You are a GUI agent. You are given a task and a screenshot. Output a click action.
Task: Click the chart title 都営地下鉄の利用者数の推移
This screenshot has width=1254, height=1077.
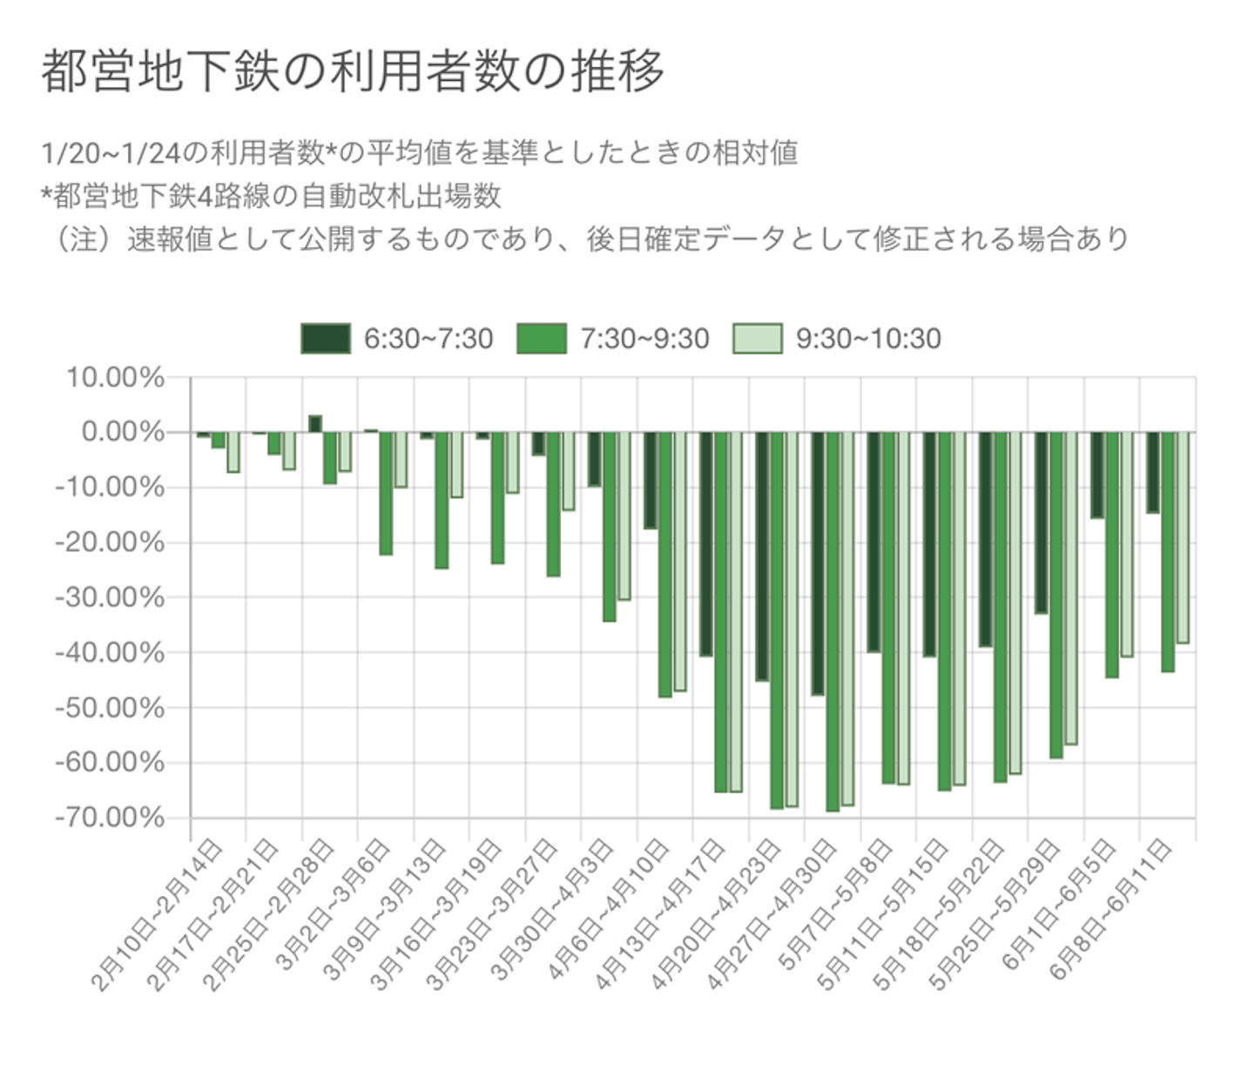tap(353, 71)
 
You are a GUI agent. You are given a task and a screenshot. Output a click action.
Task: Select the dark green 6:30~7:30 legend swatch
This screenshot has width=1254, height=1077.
tap(326, 339)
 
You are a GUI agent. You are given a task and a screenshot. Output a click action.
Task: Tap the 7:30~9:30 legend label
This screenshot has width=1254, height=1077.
tap(644, 339)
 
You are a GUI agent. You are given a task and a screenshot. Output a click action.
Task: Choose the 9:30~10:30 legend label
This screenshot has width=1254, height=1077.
tap(868, 339)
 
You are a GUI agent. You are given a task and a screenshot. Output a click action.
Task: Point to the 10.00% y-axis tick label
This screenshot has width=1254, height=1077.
tap(114, 378)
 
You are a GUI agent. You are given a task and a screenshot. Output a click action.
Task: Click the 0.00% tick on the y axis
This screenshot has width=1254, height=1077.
tap(122, 433)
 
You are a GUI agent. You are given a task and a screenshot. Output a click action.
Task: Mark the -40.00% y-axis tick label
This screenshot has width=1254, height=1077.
tap(110, 653)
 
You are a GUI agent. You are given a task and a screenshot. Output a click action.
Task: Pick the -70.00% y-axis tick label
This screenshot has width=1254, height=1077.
tap(110, 818)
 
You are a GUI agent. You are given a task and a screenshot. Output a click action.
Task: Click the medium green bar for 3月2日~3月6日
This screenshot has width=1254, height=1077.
tap(386, 494)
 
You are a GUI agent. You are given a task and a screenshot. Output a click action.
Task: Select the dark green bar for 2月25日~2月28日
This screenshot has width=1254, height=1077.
tap(315, 424)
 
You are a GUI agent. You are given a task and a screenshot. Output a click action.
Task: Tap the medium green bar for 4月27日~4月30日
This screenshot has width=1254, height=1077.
tap(833, 622)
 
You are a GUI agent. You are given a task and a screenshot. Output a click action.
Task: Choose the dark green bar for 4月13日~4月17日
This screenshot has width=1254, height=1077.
tap(706, 544)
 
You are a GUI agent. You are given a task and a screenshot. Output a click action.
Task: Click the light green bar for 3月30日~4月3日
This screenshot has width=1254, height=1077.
tap(624, 516)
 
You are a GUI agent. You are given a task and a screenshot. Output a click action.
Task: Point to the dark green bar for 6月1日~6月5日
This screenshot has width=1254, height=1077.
tap(1097, 475)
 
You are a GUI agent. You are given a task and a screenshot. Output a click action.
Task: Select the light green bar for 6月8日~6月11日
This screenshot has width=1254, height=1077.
tap(1183, 538)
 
